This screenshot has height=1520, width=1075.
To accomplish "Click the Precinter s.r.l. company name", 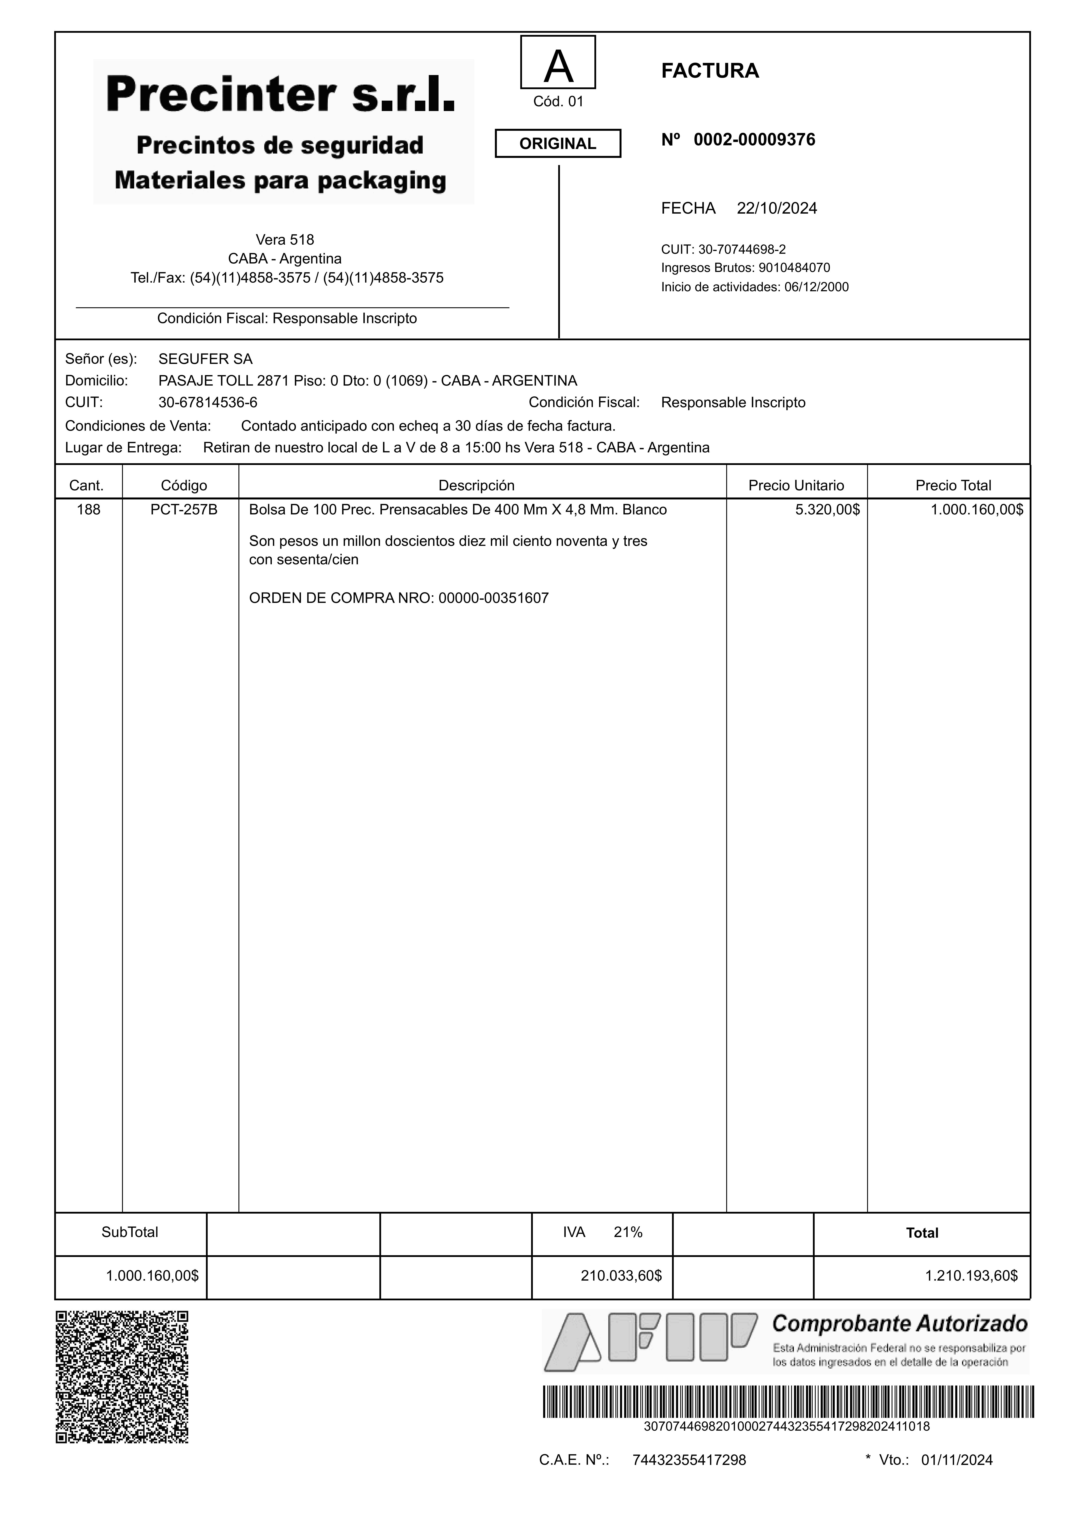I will [281, 95].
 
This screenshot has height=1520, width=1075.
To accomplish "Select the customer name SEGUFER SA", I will [205, 359].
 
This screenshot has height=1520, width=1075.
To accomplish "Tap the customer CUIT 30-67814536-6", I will [208, 402].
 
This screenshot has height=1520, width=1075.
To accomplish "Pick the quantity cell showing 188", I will [89, 510].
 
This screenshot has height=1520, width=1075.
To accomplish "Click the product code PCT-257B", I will [184, 510].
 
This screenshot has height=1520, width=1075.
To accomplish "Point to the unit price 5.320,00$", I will [827, 510].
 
